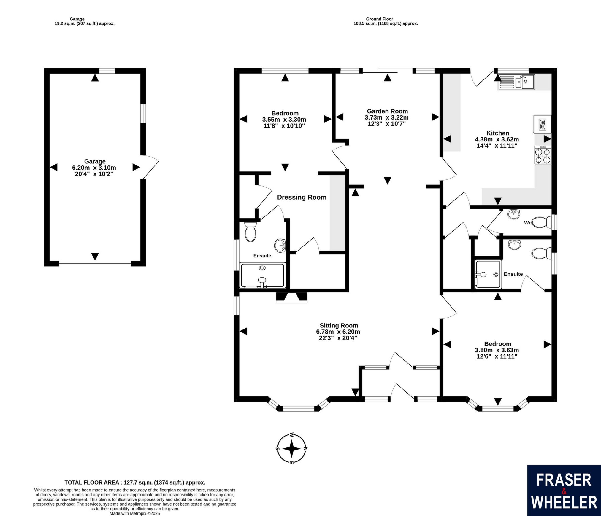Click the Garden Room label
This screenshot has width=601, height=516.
point(387,111)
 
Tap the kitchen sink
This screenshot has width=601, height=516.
point(516,82)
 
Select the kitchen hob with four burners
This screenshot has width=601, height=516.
point(543,155)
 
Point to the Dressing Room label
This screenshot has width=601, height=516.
point(302,197)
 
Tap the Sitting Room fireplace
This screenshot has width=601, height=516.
point(291,297)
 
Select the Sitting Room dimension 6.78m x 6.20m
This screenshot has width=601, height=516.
point(338,332)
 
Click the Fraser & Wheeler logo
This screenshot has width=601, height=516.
point(564,490)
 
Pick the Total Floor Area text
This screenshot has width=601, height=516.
point(135,482)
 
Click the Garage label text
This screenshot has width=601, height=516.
point(95,161)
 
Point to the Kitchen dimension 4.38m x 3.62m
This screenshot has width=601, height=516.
point(497,139)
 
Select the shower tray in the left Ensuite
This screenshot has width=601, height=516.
point(262,275)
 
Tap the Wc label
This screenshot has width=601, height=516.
point(527,223)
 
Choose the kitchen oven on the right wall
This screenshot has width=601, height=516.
point(542,124)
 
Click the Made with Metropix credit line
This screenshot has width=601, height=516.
point(135,513)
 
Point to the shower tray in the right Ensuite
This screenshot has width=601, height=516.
point(488,274)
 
